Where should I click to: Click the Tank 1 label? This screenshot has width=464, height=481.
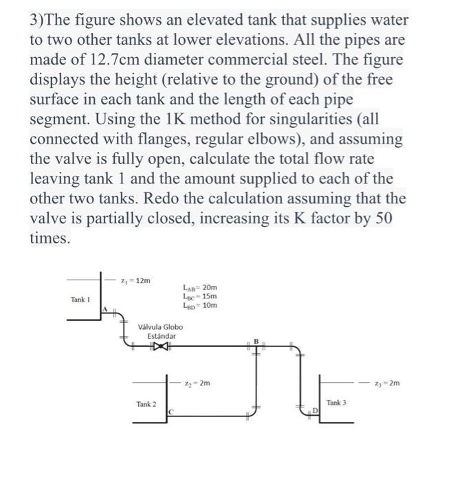[80, 300]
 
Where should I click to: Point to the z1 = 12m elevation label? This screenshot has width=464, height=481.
[135, 280]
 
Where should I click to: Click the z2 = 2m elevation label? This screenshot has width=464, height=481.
[200, 382]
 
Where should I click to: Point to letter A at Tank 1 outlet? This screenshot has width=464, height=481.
[104, 310]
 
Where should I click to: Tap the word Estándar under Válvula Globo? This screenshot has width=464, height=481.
[161, 336]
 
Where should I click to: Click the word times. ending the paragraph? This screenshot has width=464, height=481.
[49, 238]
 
